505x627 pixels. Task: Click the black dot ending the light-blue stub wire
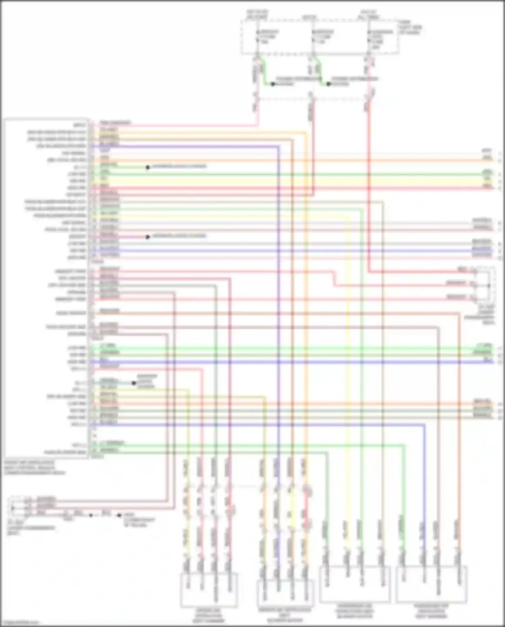(134, 383)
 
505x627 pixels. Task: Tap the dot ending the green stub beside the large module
(147, 167)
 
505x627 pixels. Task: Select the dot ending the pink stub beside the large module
(147, 237)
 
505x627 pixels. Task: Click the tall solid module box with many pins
(46, 288)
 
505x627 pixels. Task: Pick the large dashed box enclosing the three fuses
(320, 37)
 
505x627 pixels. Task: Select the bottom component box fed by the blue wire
(432, 585)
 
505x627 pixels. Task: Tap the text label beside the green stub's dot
(179, 166)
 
